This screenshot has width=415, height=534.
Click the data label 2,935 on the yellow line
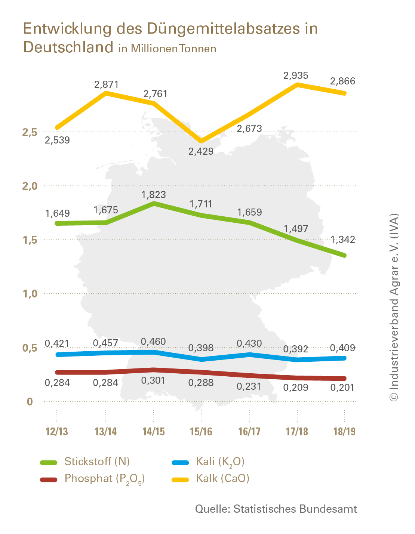[x=296, y=75]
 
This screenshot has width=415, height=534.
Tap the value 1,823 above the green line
[x=153, y=195]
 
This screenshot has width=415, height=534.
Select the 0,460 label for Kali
[x=153, y=342]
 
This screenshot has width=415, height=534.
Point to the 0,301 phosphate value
[x=153, y=380]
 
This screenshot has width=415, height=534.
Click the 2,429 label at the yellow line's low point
[x=201, y=151]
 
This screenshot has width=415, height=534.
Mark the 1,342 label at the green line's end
[x=342, y=240]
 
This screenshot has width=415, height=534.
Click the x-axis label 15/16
[x=201, y=432]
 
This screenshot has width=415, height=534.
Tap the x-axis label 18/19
[x=344, y=432]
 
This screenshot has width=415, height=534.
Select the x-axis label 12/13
[x=57, y=432]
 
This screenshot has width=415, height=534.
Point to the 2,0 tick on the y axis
[x=30, y=186]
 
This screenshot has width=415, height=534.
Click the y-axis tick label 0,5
[x=30, y=348]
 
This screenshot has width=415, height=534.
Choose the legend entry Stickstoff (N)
[x=97, y=462]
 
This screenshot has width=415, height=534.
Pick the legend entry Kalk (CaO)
[x=223, y=478]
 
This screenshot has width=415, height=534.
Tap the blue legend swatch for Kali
[x=180, y=463]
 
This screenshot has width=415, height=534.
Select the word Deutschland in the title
[x=68, y=47]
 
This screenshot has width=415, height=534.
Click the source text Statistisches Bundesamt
[x=295, y=509]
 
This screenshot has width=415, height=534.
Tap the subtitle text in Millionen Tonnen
[x=167, y=49]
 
